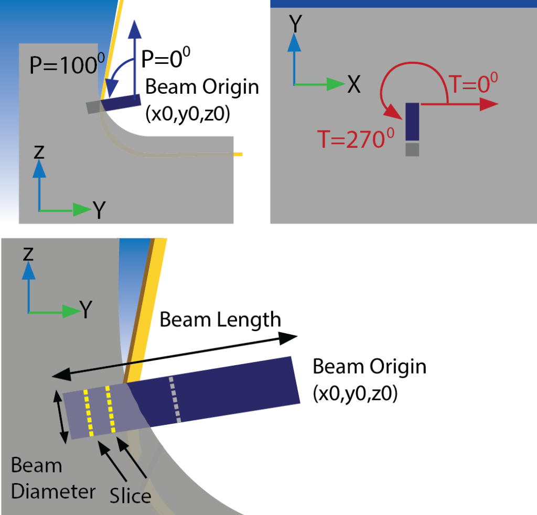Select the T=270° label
354,139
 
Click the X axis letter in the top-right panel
354,84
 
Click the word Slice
130,495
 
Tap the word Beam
36,465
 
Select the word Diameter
53,492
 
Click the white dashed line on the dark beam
175,400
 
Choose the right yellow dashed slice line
110,409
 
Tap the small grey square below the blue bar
413,149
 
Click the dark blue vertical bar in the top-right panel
413,121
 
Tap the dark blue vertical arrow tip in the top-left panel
135,29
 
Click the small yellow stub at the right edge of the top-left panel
239,154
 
